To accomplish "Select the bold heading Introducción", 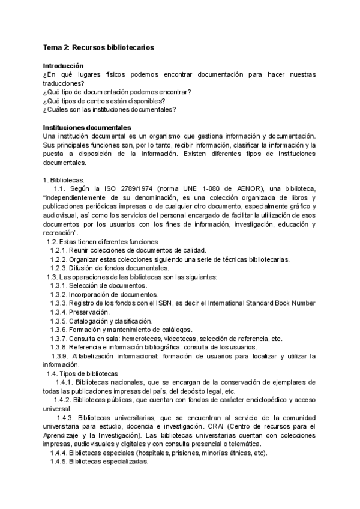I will click(64, 65).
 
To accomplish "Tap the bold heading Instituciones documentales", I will click(86, 128).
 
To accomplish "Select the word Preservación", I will click(89, 312).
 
